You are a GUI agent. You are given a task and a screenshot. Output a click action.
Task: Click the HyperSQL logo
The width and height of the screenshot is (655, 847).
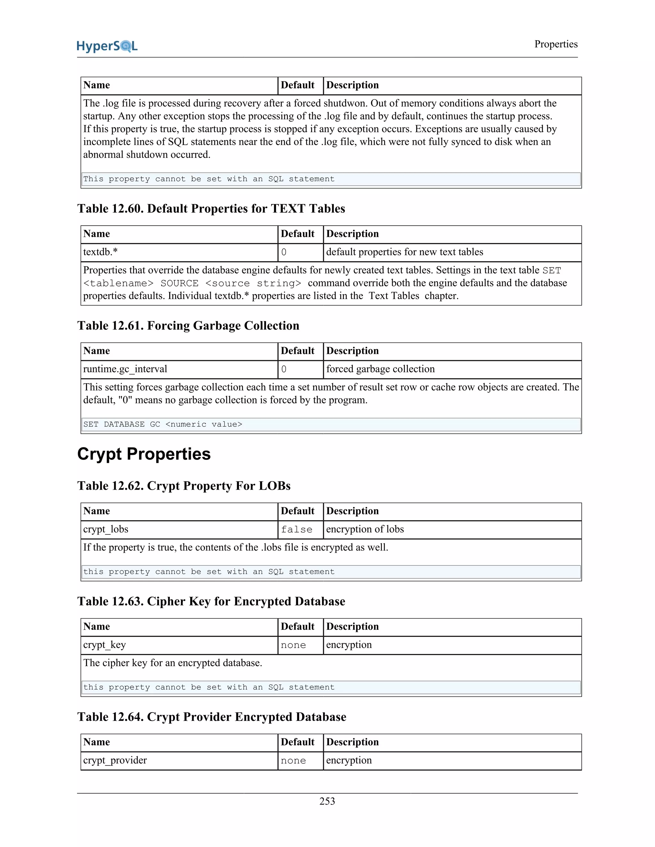(107, 46)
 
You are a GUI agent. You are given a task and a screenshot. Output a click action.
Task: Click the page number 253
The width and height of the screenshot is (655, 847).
(327, 801)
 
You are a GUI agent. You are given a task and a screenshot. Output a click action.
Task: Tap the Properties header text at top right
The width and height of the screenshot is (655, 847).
(556, 44)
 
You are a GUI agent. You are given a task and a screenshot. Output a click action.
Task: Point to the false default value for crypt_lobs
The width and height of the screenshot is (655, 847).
(296, 529)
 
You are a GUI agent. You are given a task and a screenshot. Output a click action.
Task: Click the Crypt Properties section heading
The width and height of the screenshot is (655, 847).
(144, 454)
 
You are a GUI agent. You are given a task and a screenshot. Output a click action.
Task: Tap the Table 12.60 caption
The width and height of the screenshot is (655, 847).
(211, 209)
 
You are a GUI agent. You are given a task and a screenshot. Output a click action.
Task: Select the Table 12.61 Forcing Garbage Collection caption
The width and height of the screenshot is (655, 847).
(188, 325)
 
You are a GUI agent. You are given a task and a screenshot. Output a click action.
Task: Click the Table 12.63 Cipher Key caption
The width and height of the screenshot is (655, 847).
(211, 601)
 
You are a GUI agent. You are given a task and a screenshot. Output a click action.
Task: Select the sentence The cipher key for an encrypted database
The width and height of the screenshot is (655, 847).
(173, 663)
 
